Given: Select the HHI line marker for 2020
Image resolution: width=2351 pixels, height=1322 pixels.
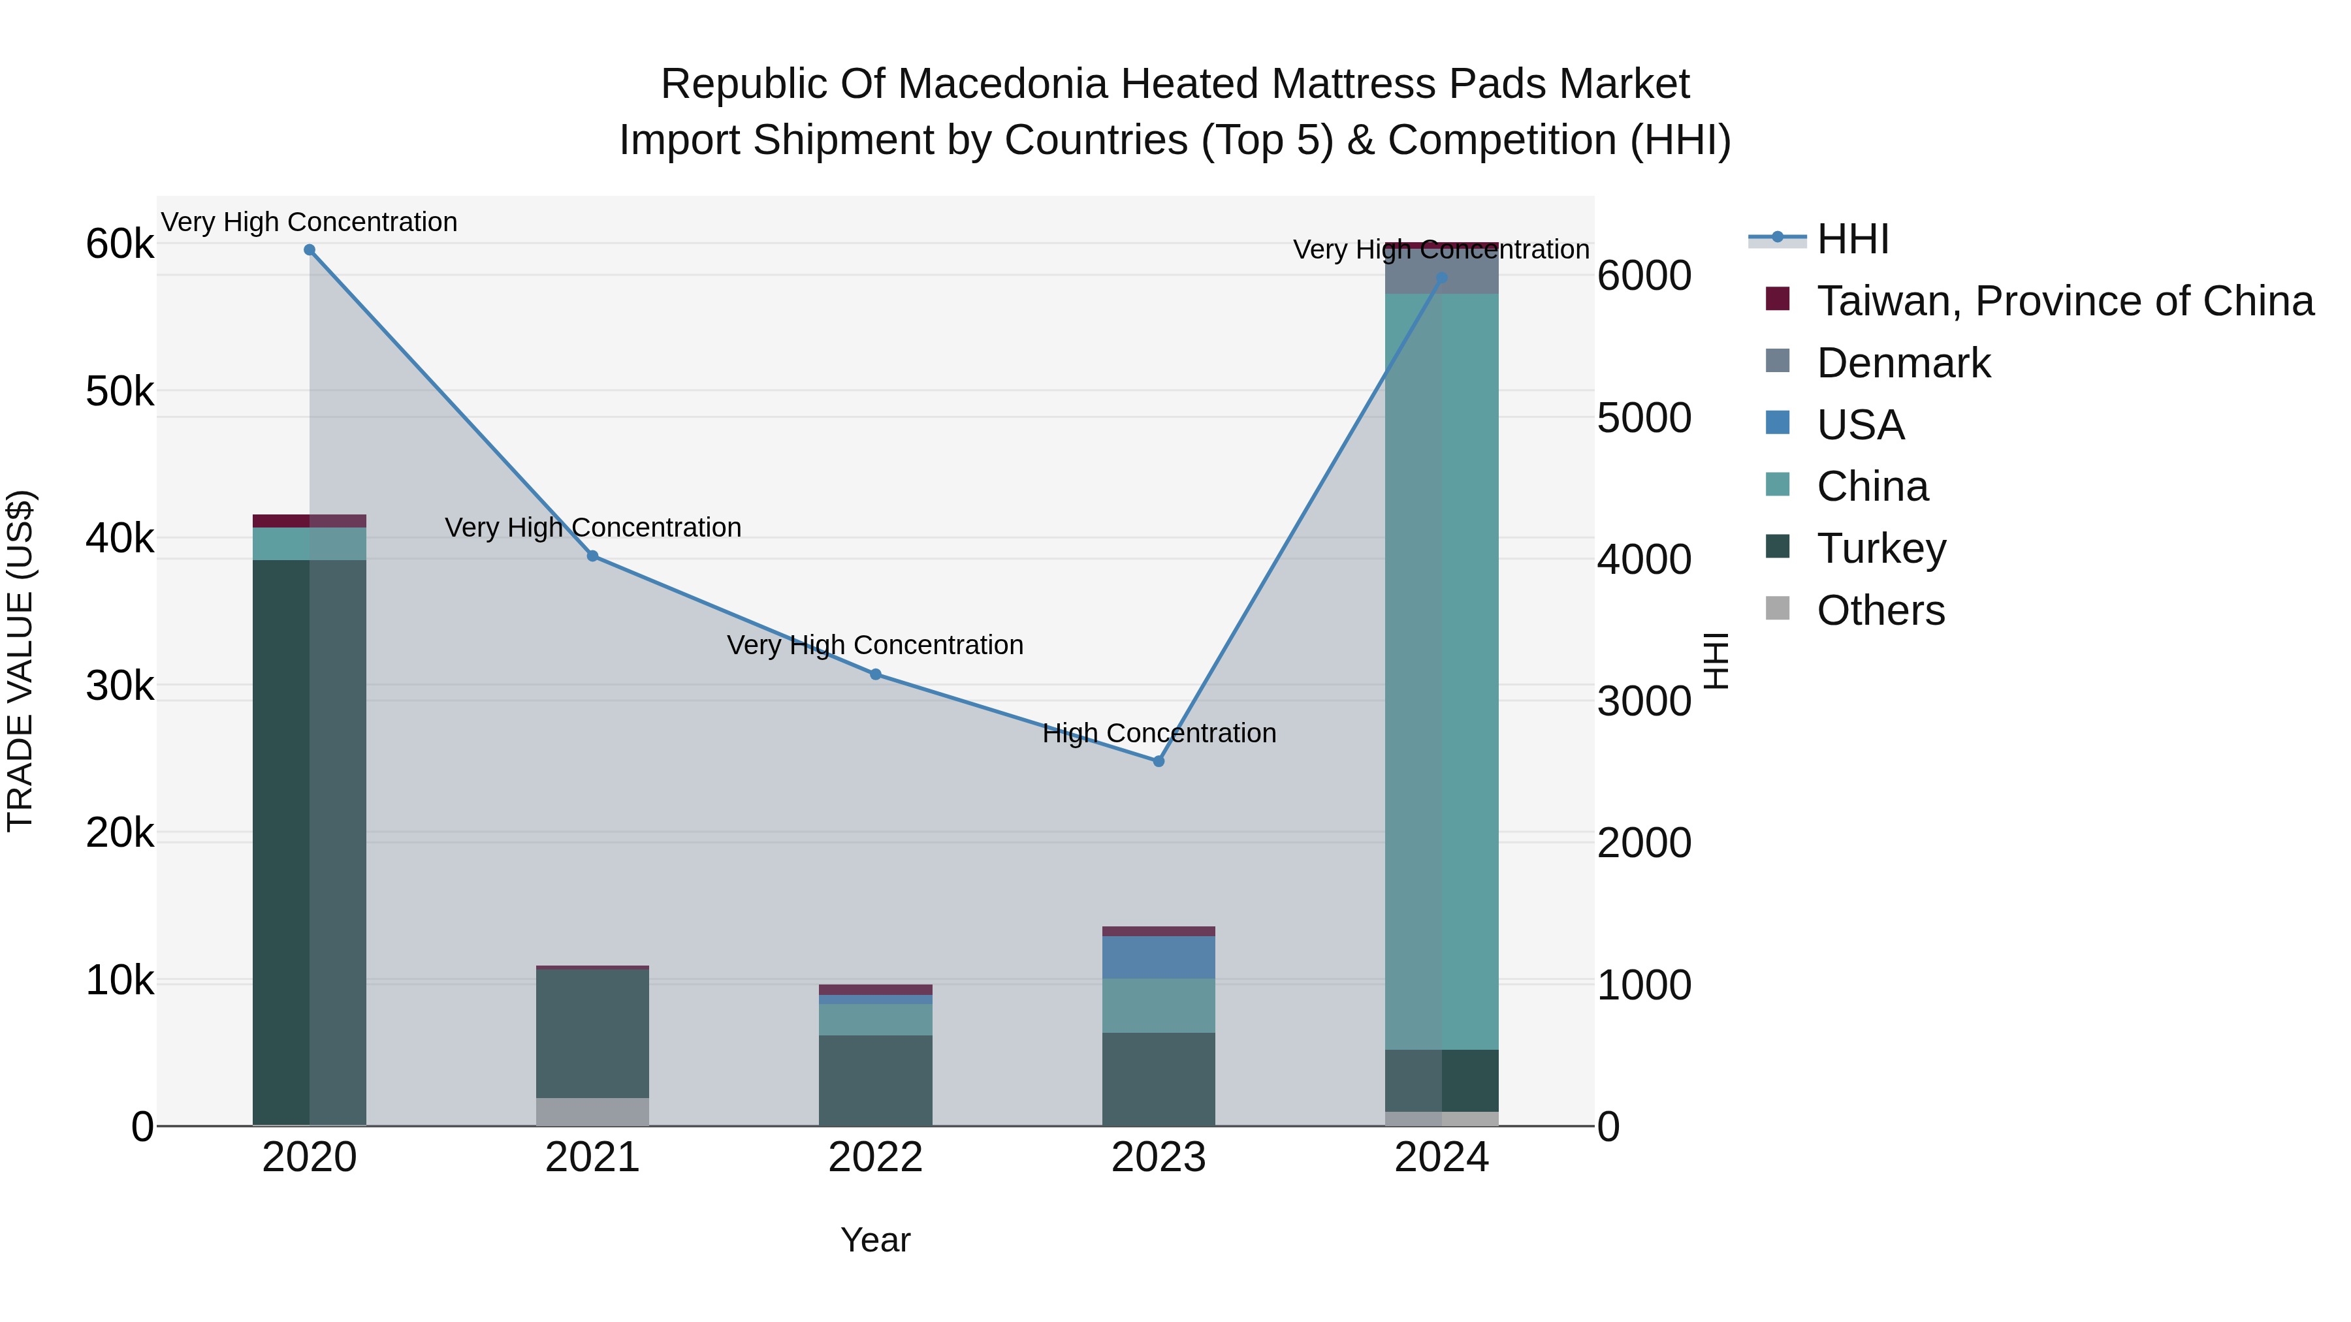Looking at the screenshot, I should coord(310,250).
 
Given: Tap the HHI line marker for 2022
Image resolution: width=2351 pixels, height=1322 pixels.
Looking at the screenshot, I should coord(875,674).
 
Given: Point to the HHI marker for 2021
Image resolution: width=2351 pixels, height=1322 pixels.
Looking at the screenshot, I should coord(592,556).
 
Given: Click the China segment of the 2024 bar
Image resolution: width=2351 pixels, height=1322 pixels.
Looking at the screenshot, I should coord(1442,670).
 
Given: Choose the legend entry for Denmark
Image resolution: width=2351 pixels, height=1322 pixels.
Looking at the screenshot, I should coord(1903,363).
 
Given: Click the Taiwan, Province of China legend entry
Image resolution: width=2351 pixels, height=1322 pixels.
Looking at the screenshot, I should coord(2064,301).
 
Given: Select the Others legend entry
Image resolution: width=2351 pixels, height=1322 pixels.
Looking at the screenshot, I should coord(1880,610).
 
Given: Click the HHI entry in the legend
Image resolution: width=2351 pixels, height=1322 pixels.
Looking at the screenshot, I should coord(1852,239).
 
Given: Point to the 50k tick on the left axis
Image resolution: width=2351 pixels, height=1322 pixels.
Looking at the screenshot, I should coord(120,392).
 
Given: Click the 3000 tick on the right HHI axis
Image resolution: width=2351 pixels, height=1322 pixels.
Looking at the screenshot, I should coord(1644,702).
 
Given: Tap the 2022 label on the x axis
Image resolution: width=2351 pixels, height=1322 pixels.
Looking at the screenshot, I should coord(875,1157).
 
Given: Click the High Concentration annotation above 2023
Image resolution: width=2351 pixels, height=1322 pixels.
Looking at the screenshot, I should coord(1159,732).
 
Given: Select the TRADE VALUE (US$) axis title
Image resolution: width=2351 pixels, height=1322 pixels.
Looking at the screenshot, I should coord(20,661).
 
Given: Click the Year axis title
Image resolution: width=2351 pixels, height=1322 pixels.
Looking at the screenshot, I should coord(875,1240).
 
